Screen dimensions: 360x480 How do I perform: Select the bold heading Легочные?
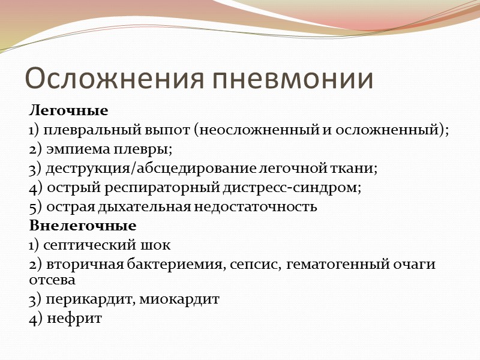tap(69, 111)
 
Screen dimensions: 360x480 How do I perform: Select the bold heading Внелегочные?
tap(83, 226)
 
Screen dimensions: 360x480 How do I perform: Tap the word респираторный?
tap(149, 188)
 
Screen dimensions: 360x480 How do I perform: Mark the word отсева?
tap(52, 280)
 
